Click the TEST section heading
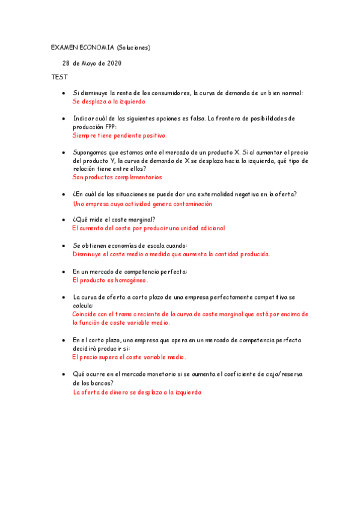59,78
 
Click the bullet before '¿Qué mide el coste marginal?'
64,220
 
